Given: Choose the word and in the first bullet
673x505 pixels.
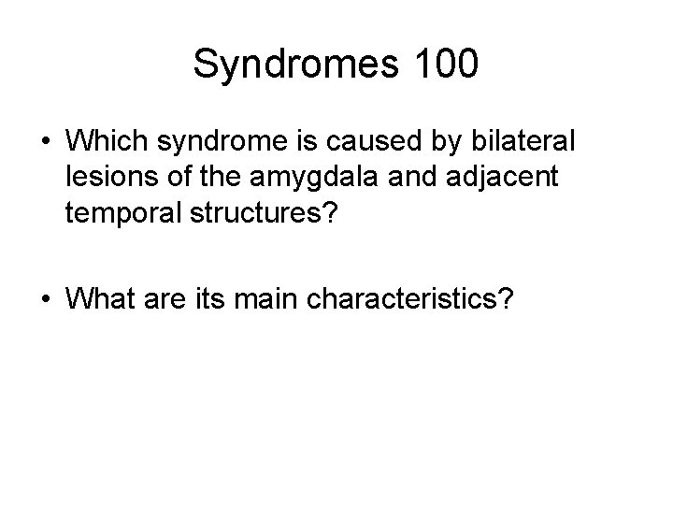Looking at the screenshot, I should (395, 180).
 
